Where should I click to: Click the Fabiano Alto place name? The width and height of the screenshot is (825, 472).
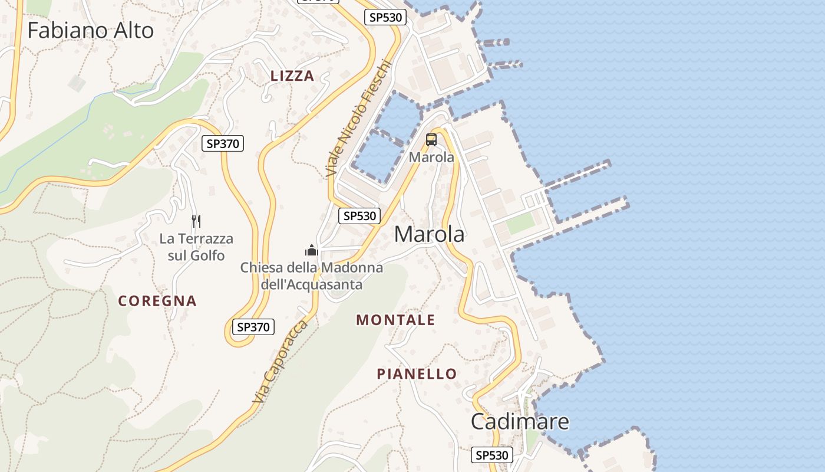pyautogui.click(x=90, y=31)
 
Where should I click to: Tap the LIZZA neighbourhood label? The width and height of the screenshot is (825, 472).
pyautogui.click(x=292, y=76)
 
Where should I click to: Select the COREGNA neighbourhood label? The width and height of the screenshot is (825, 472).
pyautogui.click(x=157, y=301)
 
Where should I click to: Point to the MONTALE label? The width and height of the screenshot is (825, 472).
pyautogui.click(x=395, y=320)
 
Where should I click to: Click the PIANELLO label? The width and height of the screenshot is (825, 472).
pyautogui.click(x=417, y=374)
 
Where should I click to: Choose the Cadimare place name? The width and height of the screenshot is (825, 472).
pyautogui.click(x=520, y=421)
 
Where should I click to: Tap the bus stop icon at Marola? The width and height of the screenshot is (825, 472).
pyautogui.click(x=431, y=140)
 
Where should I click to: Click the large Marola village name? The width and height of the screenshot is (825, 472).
pyautogui.click(x=429, y=234)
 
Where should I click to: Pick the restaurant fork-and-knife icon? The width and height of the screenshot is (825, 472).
pyautogui.click(x=196, y=221)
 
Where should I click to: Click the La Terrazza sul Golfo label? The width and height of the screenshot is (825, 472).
pyautogui.click(x=196, y=247)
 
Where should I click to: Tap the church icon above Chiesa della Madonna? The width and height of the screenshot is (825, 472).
pyautogui.click(x=312, y=251)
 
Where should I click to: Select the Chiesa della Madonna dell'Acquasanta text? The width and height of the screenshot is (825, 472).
pyautogui.click(x=311, y=276)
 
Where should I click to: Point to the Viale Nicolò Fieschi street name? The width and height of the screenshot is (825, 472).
pyautogui.click(x=358, y=118)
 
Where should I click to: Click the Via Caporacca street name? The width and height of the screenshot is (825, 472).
pyautogui.click(x=280, y=363)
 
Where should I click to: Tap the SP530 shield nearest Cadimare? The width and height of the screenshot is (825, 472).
pyautogui.click(x=492, y=455)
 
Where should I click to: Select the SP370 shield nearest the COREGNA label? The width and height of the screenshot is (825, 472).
pyautogui.click(x=253, y=327)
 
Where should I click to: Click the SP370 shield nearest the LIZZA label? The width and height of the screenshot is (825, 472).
pyautogui.click(x=223, y=143)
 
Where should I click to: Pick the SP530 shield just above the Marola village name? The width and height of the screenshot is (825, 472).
pyautogui.click(x=359, y=216)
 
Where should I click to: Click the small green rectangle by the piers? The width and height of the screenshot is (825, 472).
pyautogui.click(x=521, y=223)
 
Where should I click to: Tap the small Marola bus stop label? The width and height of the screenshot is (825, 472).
pyautogui.click(x=431, y=158)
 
